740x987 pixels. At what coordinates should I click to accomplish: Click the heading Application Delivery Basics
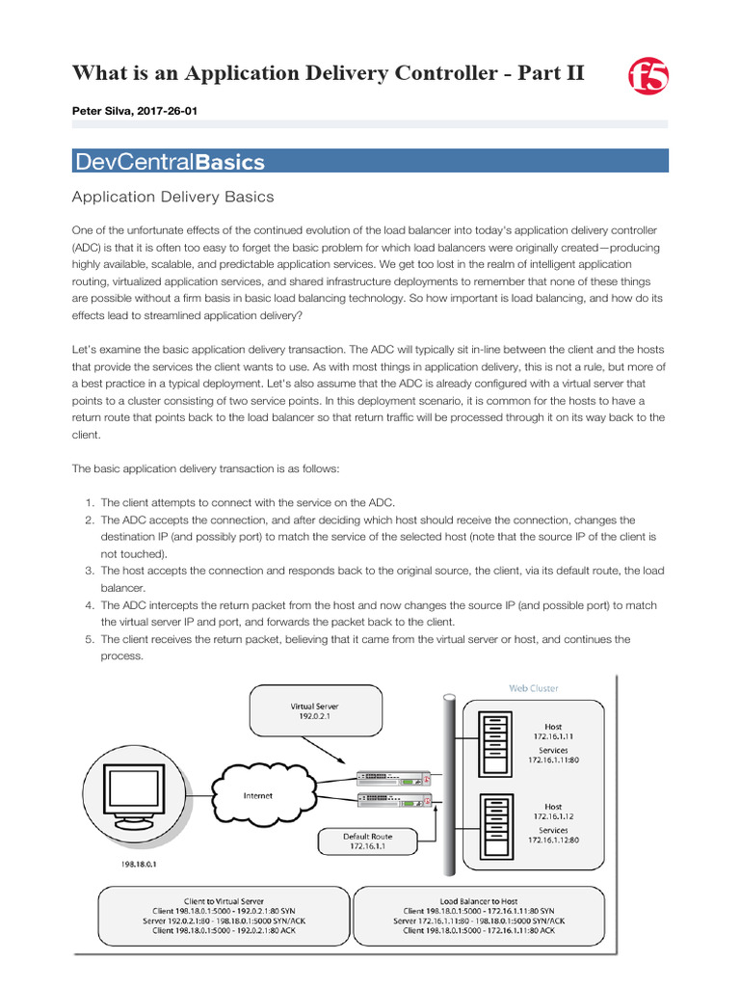tap(173, 197)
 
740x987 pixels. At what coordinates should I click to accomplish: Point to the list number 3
tap(89, 572)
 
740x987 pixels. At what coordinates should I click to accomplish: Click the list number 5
tap(89, 639)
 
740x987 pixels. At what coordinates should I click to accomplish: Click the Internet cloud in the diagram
tap(258, 795)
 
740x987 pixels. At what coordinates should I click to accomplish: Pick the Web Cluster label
tap(533, 688)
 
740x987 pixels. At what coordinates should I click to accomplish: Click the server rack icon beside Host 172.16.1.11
tap(493, 743)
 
